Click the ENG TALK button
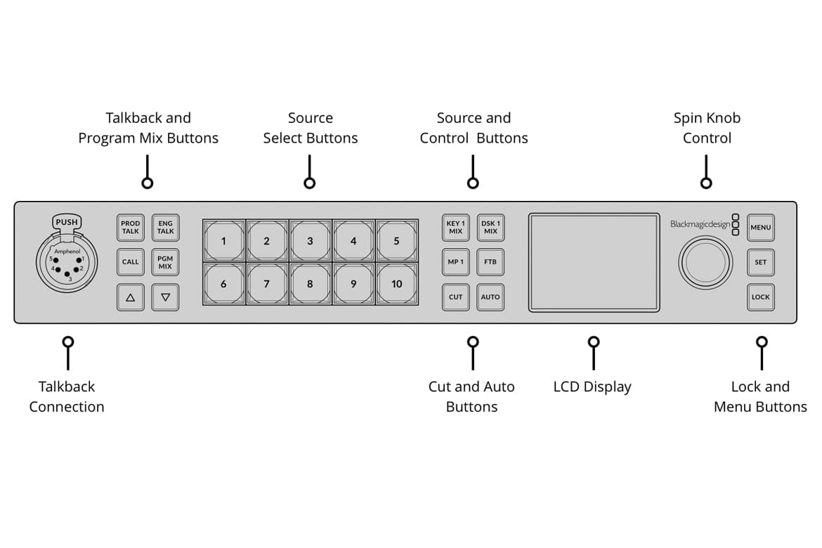165,228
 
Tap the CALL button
131,262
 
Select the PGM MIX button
165,262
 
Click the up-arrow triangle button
131,297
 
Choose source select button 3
310,241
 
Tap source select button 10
396,284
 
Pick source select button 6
223,284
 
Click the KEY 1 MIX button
455,228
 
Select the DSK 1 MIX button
490,228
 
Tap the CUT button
455,297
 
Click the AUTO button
490,297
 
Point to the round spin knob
705,262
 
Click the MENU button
761,228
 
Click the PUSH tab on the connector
67,222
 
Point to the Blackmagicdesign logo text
700,225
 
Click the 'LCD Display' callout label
592,387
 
